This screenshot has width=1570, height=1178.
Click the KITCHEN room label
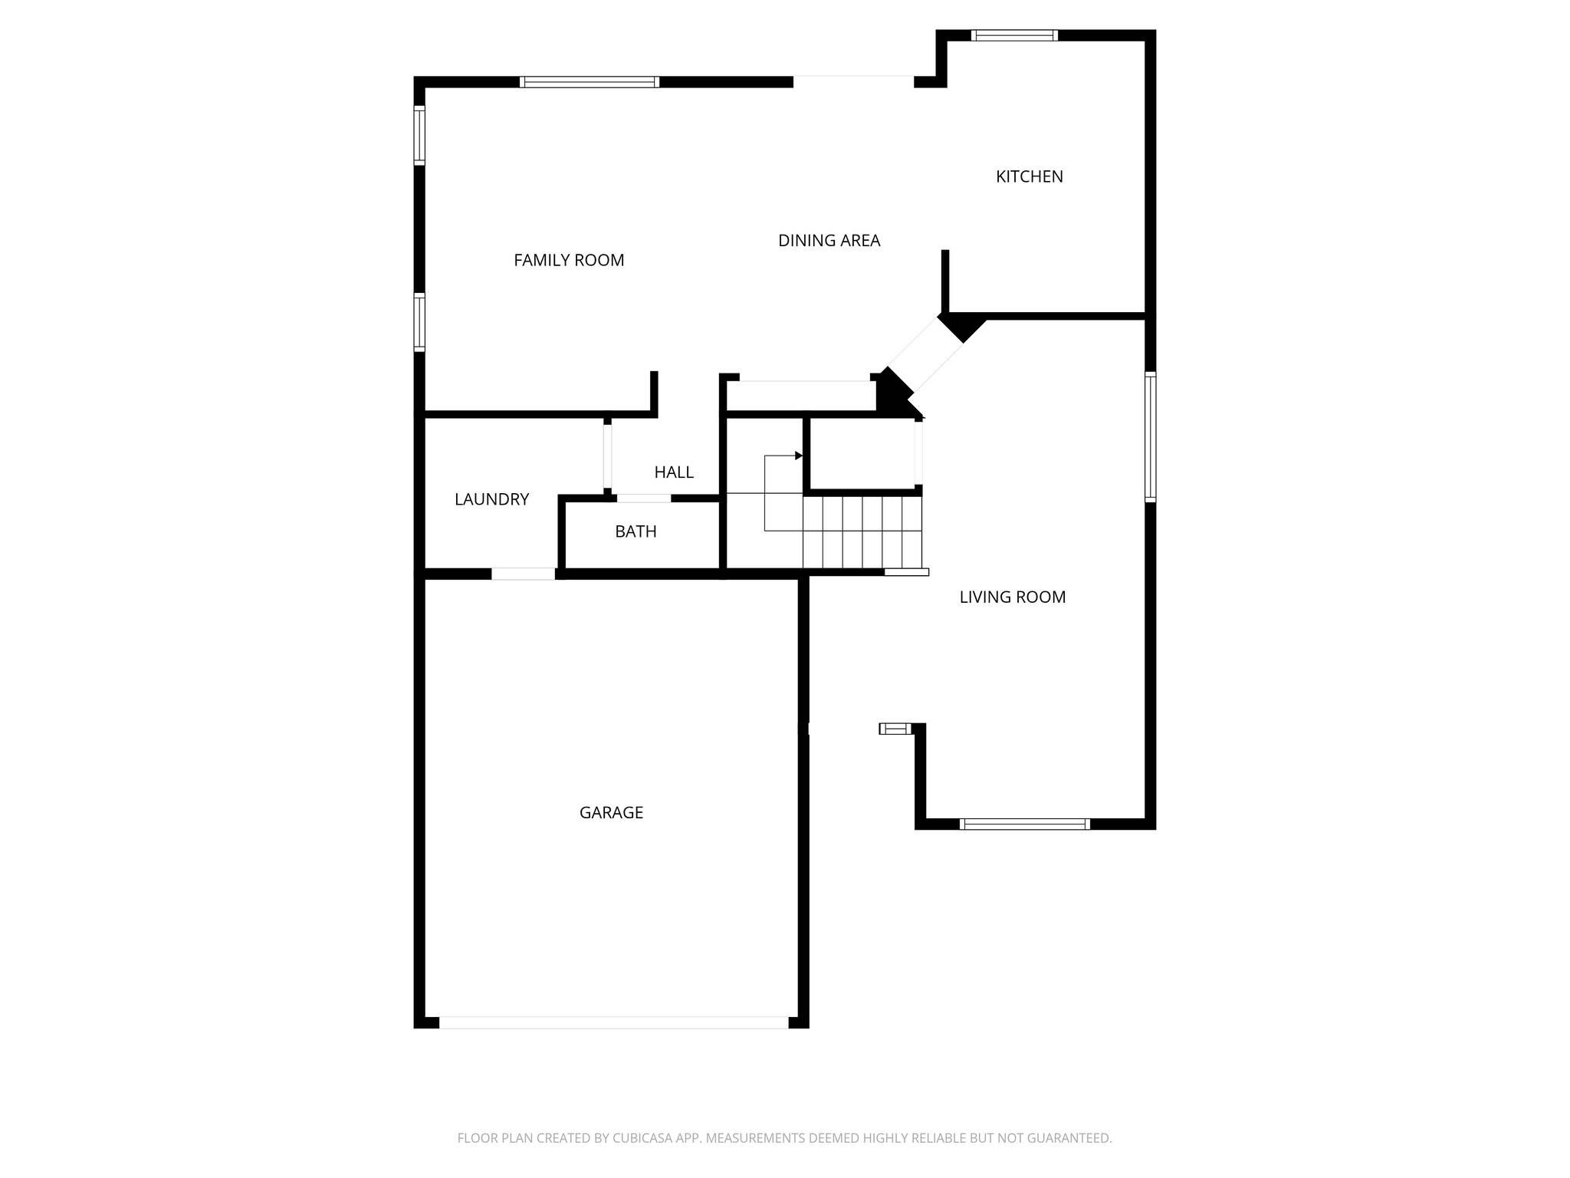point(1029,176)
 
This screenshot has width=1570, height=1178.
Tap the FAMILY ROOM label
point(569,260)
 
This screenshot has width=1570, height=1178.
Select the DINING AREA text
point(829,241)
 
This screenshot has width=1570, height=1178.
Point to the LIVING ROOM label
point(1012,597)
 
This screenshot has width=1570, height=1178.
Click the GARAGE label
point(611,812)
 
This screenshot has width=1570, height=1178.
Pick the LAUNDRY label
point(491,499)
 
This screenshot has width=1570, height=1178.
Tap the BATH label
point(636,531)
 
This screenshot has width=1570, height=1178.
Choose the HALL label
point(674,472)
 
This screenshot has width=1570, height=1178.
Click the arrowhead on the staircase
point(798,456)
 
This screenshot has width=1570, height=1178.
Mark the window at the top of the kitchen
point(1014,35)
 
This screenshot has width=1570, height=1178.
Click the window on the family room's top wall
point(589,82)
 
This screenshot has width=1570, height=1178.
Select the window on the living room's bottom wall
point(1024,824)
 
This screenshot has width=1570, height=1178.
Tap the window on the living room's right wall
point(1150,436)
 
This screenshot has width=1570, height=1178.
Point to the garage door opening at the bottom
point(613,1022)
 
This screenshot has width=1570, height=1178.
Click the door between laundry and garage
point(523,574)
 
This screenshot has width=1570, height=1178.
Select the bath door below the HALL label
point(644,499)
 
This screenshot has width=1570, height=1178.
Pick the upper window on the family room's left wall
point(419,135)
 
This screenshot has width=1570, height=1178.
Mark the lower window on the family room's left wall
point(419,322)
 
